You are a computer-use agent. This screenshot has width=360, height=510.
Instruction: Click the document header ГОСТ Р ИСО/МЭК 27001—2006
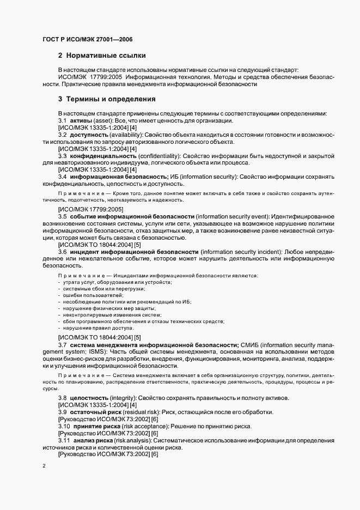click(87, 39)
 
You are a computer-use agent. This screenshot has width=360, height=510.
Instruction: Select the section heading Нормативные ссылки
click(105, 56)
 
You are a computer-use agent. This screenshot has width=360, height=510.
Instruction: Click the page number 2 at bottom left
click(44, 466)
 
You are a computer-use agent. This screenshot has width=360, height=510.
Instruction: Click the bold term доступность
click(87, 135)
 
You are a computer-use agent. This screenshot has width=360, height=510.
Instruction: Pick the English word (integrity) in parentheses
click(124, 398)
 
